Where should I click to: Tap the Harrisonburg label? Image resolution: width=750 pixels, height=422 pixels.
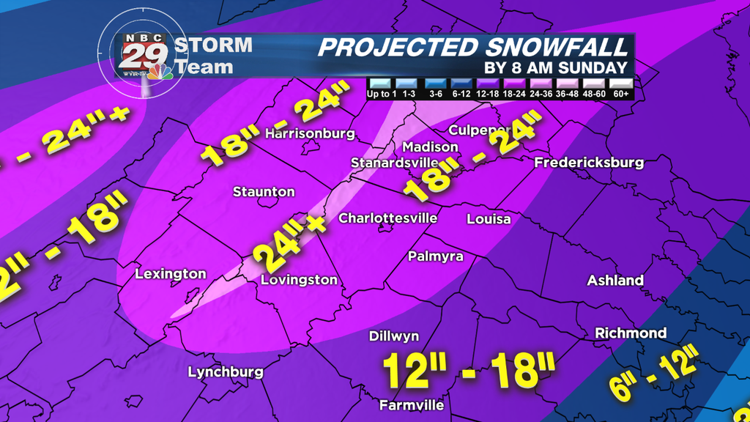click(x=310, y=134)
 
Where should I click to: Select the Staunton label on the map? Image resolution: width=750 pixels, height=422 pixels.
click(x=264, y=192)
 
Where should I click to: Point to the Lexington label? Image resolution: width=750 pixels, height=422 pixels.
click(x=171, y=274)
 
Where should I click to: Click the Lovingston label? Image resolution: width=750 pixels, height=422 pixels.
click(x=300, y=280)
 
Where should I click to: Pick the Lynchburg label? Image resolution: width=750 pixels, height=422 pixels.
click(x=226, y=372)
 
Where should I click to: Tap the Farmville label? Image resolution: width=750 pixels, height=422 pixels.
click(x=412, y=405)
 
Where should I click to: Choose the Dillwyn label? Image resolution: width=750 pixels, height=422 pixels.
click(x=394, y=336)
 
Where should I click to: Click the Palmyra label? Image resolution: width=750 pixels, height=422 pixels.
click(x=435, y=256)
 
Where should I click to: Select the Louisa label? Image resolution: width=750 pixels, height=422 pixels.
click(x=489, y=219)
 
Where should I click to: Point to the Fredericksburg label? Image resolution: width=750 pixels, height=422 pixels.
click(x=590, y=163)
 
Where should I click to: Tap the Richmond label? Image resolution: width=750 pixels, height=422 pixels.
click(x=631, y=333)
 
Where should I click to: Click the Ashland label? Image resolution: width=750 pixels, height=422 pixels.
click(x=615, y=281)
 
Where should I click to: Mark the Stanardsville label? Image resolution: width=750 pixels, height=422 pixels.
click(x=395, y=162)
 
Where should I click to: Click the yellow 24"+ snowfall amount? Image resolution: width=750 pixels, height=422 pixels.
click(x=287, y=243)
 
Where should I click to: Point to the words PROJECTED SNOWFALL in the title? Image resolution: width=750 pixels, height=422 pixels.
click(x=473, y=48)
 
